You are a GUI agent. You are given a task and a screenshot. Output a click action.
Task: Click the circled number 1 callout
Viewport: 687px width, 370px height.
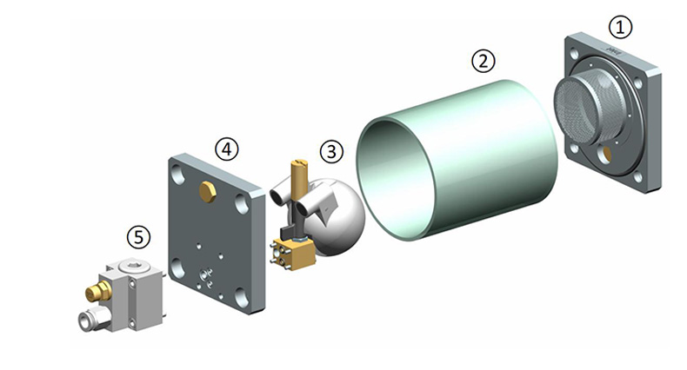click(x=620, y=27)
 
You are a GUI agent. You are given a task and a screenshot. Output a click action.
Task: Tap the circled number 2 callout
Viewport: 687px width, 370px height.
click(x=484, y=61)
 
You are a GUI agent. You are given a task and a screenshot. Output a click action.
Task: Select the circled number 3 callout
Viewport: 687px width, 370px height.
click(x=331, y=152)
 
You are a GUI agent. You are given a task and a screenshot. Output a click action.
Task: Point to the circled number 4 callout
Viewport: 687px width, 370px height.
click(x=226, y=149)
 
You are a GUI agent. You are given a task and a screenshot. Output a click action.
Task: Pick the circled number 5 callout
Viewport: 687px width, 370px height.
click(x=138, y=237)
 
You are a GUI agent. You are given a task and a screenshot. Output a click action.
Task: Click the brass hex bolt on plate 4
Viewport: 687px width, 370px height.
click(x=208, y=192)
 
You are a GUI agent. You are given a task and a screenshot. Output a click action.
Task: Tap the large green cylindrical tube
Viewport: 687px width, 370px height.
click(x=457, y=160)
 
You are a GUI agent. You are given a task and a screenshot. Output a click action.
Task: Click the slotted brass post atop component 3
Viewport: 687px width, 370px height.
click(x=299, y=178)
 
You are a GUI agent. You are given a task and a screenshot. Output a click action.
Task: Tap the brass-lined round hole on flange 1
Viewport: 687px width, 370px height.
click(x=605, y=154)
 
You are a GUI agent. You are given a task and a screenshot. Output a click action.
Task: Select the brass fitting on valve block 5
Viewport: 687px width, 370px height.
click(x=98, y=291)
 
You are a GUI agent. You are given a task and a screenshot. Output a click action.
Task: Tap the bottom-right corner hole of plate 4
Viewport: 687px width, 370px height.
click(x=242, y=297)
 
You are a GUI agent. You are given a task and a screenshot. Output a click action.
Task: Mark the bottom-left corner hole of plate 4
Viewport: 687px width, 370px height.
click(x=177, y=268)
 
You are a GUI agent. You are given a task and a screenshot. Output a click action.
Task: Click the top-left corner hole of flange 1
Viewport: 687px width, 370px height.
click(x=574, y=55)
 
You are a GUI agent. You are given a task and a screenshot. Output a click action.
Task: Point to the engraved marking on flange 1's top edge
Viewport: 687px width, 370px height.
click(x=613, y=50)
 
